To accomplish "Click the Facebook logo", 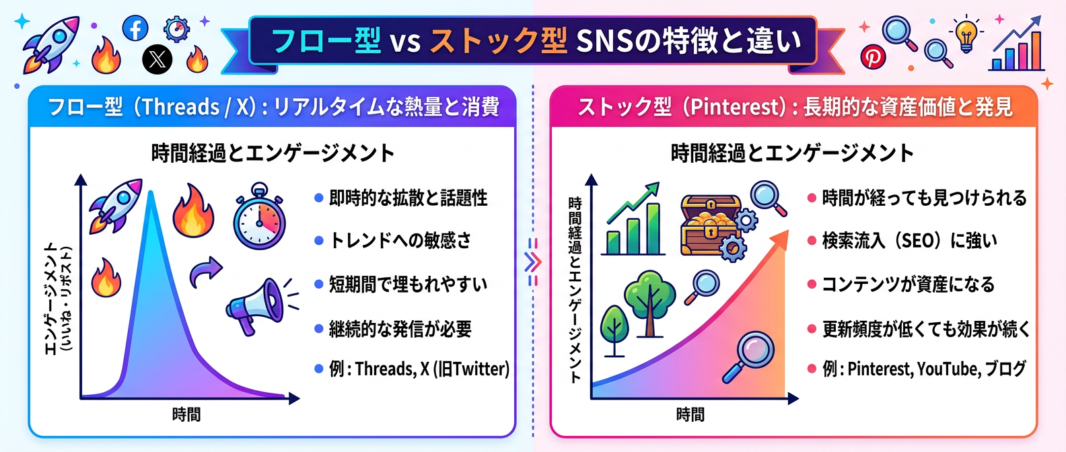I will [x=135, y=29].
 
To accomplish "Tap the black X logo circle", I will [x=157, y=60].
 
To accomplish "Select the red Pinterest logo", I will [x=874, y=57].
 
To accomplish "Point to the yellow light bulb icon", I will [x=966, y=34].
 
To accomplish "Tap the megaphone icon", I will [x=256, y=307].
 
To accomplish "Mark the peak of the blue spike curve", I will [x=151, y=194].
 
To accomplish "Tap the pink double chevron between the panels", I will [x=532, y=262].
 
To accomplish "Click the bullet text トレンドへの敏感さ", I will [x=400, y=241].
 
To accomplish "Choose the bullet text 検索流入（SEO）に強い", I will [x=909, y=241].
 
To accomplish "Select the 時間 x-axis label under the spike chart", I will [x=186, y=414].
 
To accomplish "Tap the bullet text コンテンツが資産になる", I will [x=908, y=285].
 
